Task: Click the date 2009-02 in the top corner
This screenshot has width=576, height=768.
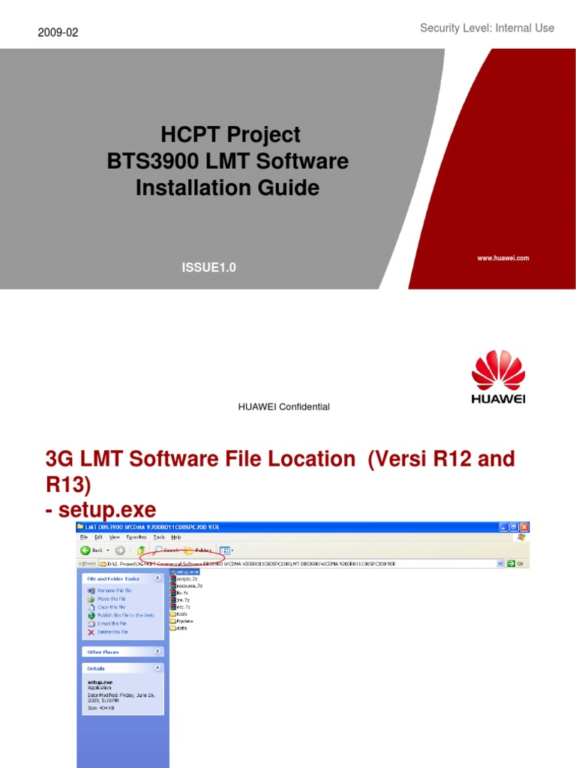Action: coord(57,32)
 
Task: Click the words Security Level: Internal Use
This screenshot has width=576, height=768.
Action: coord(487,28)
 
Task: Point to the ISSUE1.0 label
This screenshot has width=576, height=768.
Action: coord(208,267)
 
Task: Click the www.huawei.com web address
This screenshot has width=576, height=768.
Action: coord(502,258)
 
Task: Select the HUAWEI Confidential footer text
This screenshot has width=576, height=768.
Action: coord(283,406)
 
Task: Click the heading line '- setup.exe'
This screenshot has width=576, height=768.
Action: coord(101,510)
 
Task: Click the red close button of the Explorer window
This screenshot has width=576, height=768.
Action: coord(524,527)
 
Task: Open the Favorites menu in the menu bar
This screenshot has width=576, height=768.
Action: coord(136,537)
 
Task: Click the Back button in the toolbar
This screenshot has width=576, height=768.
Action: coord(93,550)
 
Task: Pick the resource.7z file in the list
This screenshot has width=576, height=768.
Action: coord(187,586)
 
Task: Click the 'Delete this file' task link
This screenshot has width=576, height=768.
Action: coord(112,631)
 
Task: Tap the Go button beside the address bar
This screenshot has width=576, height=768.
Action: coord(514,562)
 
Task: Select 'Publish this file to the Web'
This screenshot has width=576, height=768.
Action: coord(125,615)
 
